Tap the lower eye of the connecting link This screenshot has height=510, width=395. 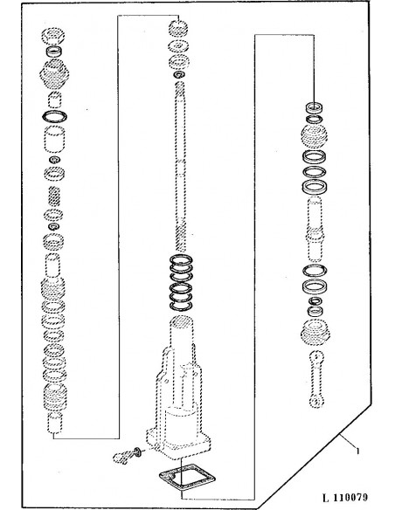313,403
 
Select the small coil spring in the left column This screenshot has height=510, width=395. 55,198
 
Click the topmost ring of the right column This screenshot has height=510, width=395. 315,107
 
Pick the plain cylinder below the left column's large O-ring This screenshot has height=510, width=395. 56,139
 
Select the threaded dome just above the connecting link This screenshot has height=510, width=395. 314,333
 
